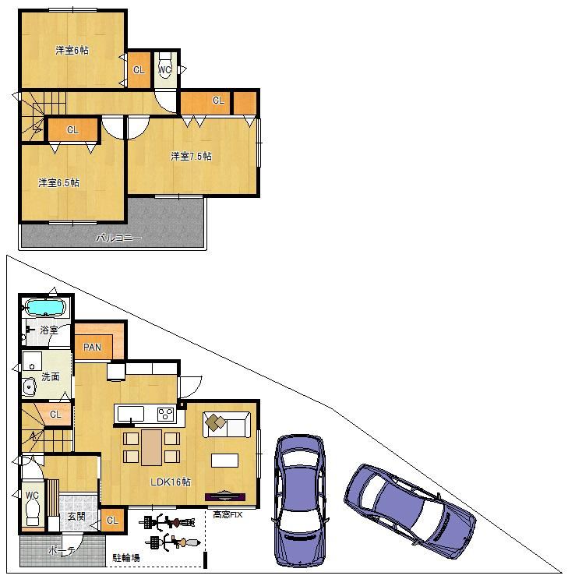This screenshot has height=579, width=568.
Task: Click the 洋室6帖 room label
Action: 72,50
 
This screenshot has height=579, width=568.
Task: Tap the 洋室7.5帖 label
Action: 191,156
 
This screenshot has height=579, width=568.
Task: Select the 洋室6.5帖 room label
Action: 58,182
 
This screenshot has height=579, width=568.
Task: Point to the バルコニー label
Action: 118,238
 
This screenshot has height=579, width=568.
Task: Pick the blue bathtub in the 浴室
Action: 45,308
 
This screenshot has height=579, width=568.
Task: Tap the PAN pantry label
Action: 92,347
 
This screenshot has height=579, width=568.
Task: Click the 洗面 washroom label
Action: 50,376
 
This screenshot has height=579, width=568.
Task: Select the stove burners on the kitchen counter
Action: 166,414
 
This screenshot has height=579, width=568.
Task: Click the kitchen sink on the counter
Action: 131,414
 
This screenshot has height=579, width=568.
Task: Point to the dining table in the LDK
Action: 151,447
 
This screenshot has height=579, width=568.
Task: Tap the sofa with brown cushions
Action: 227,425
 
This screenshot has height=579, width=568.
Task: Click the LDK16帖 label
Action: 171,482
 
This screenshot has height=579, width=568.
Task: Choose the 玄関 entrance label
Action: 76,516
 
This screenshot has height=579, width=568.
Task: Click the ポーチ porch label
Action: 62,551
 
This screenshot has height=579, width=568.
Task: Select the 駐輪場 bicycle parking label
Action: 126,558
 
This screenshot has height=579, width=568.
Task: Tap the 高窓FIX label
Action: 228,514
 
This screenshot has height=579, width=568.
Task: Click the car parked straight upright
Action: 299,501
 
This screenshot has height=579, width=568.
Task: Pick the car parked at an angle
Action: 410,511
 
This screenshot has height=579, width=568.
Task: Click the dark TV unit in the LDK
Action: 225,496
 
